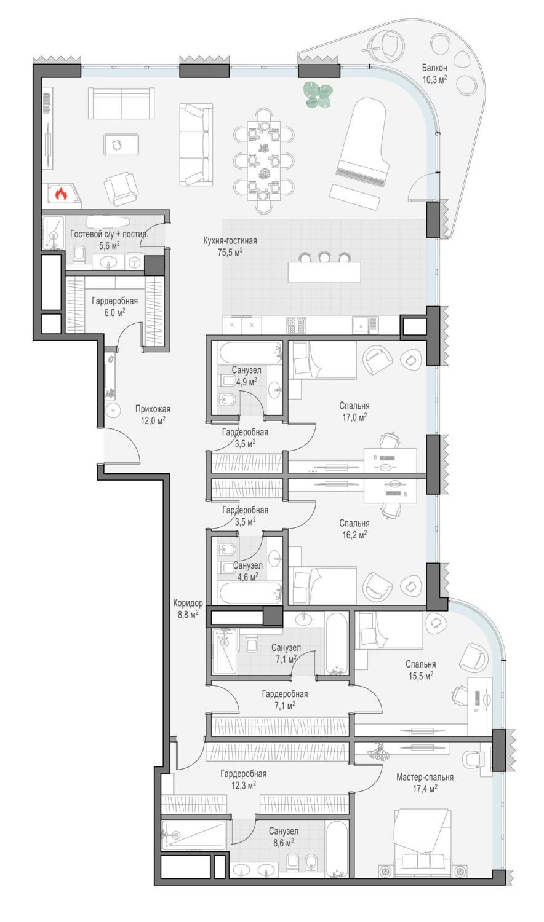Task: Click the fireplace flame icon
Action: pos(61,193)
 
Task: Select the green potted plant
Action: pos(318,95)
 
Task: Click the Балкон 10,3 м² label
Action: pos(434,73)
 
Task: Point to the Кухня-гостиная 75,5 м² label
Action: pos(230,246)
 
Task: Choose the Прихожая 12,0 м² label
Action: pos(153,414)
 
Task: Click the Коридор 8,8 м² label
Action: pos(188,609)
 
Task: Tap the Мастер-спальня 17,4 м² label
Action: pos(425,782)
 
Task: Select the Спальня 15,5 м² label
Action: pos(420,670)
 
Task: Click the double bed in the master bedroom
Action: pos(422,843)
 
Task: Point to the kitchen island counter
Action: pos(324,272)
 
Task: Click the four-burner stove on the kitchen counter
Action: pos(297,325)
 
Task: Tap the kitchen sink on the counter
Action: pos(365,325)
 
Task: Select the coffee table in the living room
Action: pos(121,144)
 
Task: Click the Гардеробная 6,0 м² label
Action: pos(114,307)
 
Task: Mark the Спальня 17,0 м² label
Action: pos(354,411)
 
